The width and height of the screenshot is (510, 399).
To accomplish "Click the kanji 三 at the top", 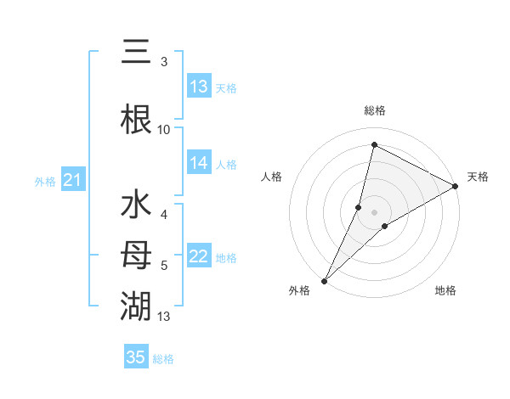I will (136, 53).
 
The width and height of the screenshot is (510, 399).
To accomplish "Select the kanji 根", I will (136, 119).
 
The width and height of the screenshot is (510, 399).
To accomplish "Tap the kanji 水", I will (136, 207).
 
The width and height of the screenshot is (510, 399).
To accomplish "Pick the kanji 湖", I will (136, 304).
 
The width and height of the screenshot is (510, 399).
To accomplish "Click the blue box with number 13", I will (199, 87).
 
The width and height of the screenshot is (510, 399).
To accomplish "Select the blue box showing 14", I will (199, 163).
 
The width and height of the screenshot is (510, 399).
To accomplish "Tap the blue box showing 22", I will (199, 256).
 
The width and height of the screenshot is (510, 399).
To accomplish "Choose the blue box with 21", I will (72, 180).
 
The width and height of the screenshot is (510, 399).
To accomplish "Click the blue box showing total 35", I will (136, 357).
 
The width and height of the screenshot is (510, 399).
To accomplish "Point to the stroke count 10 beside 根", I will (164, 130).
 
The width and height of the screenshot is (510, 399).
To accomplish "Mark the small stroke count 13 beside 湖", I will (164, 316).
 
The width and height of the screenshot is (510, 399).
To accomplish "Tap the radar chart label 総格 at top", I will (374, 110).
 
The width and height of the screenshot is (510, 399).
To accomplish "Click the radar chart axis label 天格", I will (478, 177).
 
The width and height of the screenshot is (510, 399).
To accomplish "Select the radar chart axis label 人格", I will (271, 177).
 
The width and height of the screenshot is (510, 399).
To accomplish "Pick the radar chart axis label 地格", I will (445, 290).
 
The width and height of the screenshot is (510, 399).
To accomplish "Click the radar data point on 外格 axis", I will (324, 280).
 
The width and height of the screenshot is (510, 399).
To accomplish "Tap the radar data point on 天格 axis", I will (456, 186).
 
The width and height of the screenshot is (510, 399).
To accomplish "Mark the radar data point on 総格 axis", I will (374, 145).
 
